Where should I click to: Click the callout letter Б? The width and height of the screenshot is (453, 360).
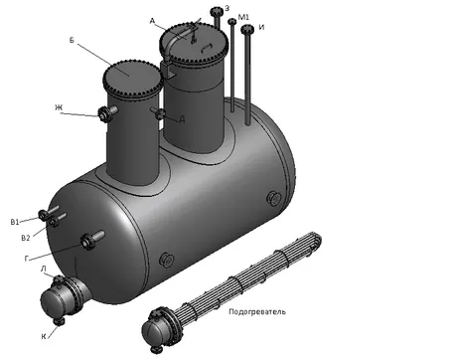[x=72, y=40]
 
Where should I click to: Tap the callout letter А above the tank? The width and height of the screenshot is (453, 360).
[x=152, y=21]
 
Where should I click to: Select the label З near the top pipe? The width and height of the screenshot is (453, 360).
[x=226, y=9]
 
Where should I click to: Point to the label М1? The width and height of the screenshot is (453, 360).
[x=243, y=17]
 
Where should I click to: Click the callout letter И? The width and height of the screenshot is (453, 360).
[x=261, y=27]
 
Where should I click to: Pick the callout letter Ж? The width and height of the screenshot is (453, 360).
[x=59, y=107]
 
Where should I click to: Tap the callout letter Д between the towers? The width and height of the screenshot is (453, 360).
[x=182, y=119]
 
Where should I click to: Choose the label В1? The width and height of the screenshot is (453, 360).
[x=15, y=222]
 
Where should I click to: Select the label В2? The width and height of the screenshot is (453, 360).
[x=26, y=238]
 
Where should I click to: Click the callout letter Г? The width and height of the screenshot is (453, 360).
[x=27, y=259]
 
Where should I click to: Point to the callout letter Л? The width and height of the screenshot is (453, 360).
[x=44, y=269]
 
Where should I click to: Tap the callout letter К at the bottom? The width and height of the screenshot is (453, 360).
[x=44, y=336]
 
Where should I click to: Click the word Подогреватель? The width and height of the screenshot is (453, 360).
[x=257, y=311]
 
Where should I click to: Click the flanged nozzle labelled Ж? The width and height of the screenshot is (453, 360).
[x=107, y=113]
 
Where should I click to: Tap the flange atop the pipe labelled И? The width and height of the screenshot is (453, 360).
[x=247, y=30]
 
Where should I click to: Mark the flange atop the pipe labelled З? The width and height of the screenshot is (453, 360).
[x=217, y=11]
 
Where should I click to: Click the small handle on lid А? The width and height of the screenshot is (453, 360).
[x=207, y=48]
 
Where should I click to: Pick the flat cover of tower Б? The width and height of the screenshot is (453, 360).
[x=132, y=78]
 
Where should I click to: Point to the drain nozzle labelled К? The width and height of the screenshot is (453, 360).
[x=59, y=321]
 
